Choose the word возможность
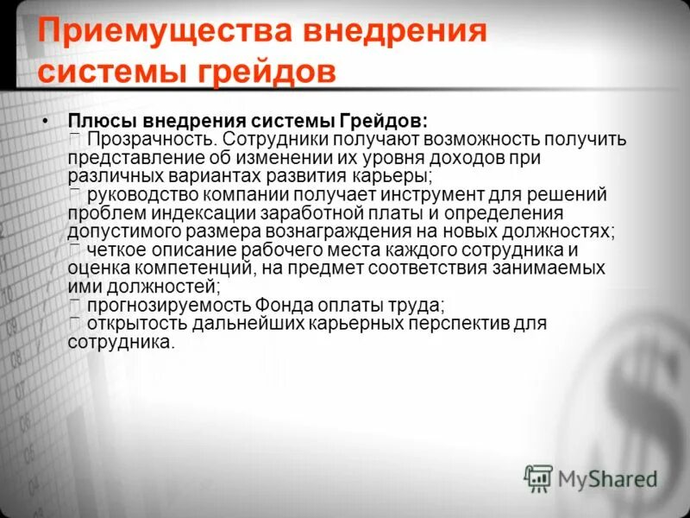[x=478, y=139]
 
